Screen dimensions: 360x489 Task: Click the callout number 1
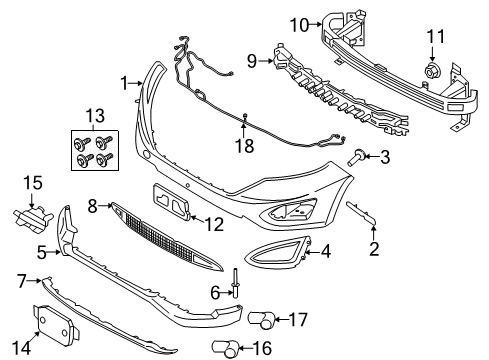124,83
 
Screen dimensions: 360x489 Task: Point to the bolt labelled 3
356,156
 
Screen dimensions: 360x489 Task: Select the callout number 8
93,206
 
